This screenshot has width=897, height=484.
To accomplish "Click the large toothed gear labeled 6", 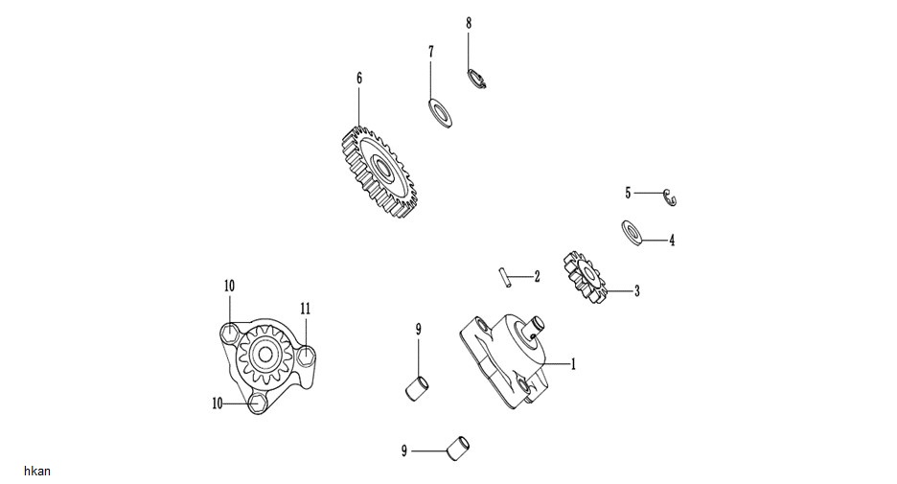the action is pos(379,172).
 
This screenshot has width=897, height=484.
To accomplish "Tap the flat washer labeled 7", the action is pos(440,113).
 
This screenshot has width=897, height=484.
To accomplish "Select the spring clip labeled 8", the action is pos(476,79).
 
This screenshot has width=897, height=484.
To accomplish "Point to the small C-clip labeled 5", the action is pos(670,196).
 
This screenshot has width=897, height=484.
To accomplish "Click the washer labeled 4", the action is pos(632,233).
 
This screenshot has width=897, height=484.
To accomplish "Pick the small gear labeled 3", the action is pos(583,278).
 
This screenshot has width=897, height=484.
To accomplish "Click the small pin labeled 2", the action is pos(503,276).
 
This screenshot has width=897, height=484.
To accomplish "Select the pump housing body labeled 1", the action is pos(502,360).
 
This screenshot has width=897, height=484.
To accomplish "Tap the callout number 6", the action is pos(359,78).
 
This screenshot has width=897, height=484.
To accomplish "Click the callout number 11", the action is pos(306,309).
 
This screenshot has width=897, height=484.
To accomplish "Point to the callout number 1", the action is pos(573,364).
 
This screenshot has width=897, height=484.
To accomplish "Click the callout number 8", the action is pos(469,23).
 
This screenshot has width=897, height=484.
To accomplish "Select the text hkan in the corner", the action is pos(37,471).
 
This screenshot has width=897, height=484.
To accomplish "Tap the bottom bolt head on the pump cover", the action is pos(257,403).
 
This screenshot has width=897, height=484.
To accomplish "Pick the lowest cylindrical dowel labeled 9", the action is pos(458,448).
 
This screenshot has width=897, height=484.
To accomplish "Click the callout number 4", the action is pos(672,241).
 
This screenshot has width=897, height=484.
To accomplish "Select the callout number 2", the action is pos(538,277).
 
